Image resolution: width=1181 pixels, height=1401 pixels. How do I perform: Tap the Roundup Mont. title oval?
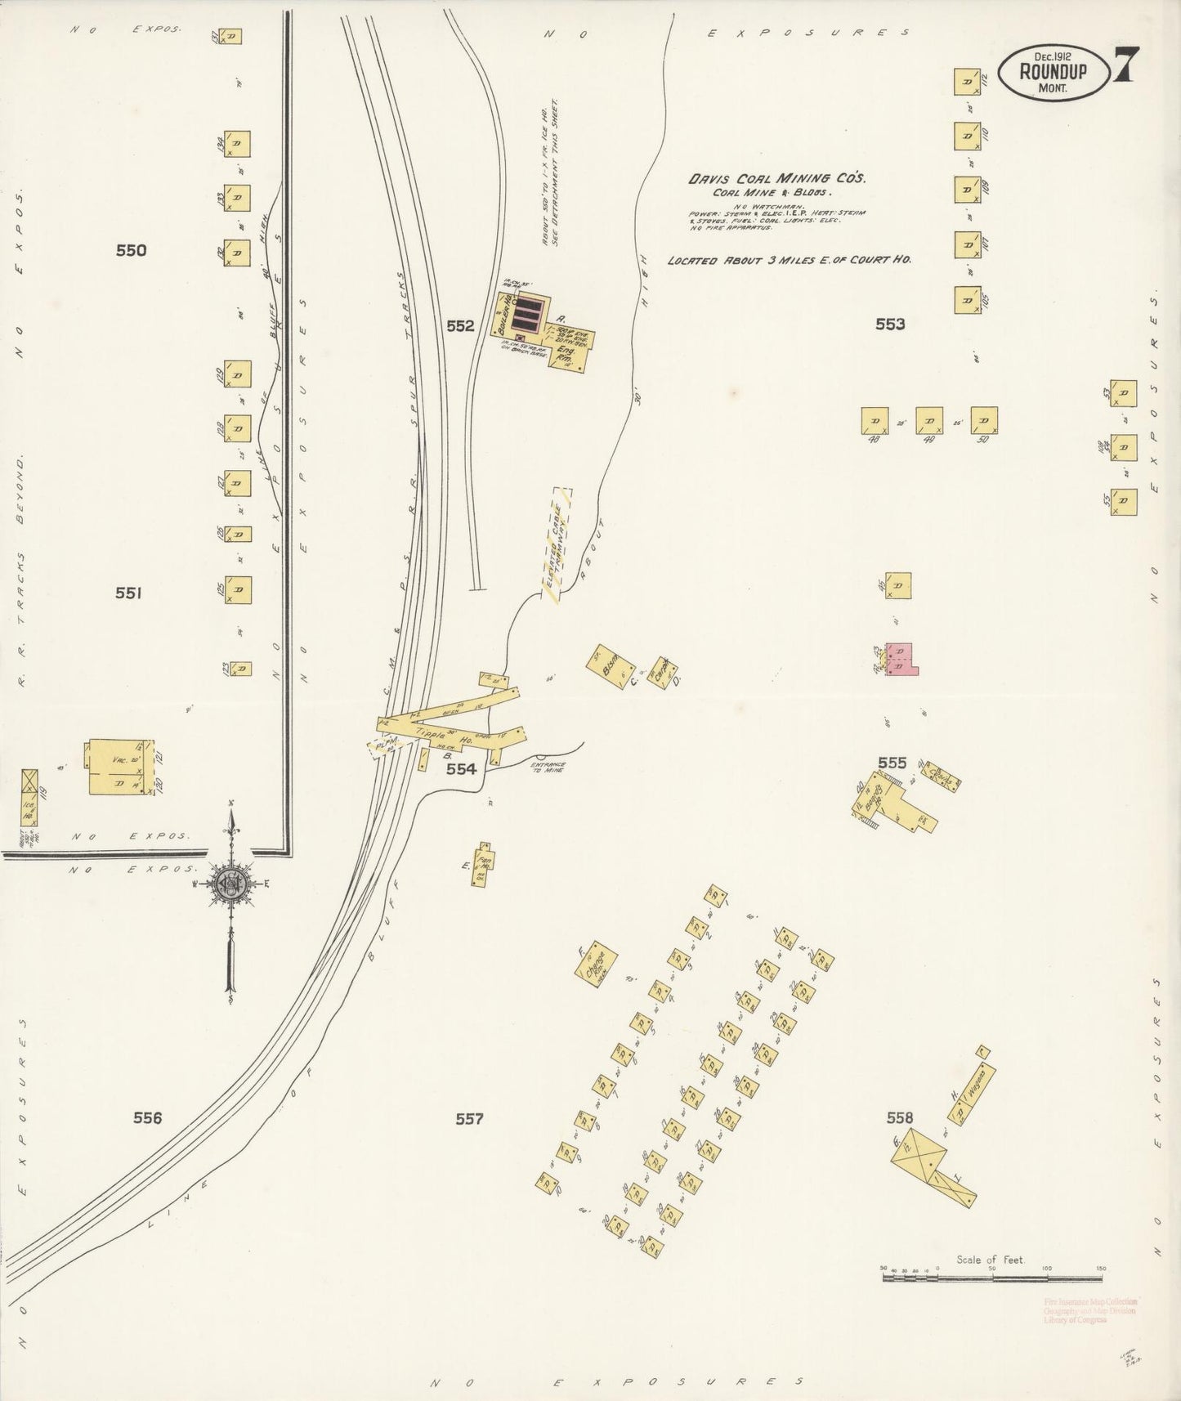click(1053, 71)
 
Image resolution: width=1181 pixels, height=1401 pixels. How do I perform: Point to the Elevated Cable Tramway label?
click(557, 544)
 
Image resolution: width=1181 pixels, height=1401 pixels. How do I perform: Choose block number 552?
click(460, 326)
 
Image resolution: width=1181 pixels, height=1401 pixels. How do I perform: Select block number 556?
click(148, 1118)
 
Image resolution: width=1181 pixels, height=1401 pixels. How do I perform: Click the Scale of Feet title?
click(990, 1260)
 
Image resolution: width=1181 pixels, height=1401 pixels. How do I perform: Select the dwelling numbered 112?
click(967, 83)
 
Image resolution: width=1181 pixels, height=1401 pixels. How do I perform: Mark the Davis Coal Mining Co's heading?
click(776, 178)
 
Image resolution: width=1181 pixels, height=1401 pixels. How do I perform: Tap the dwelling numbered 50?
click(983, 420)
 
